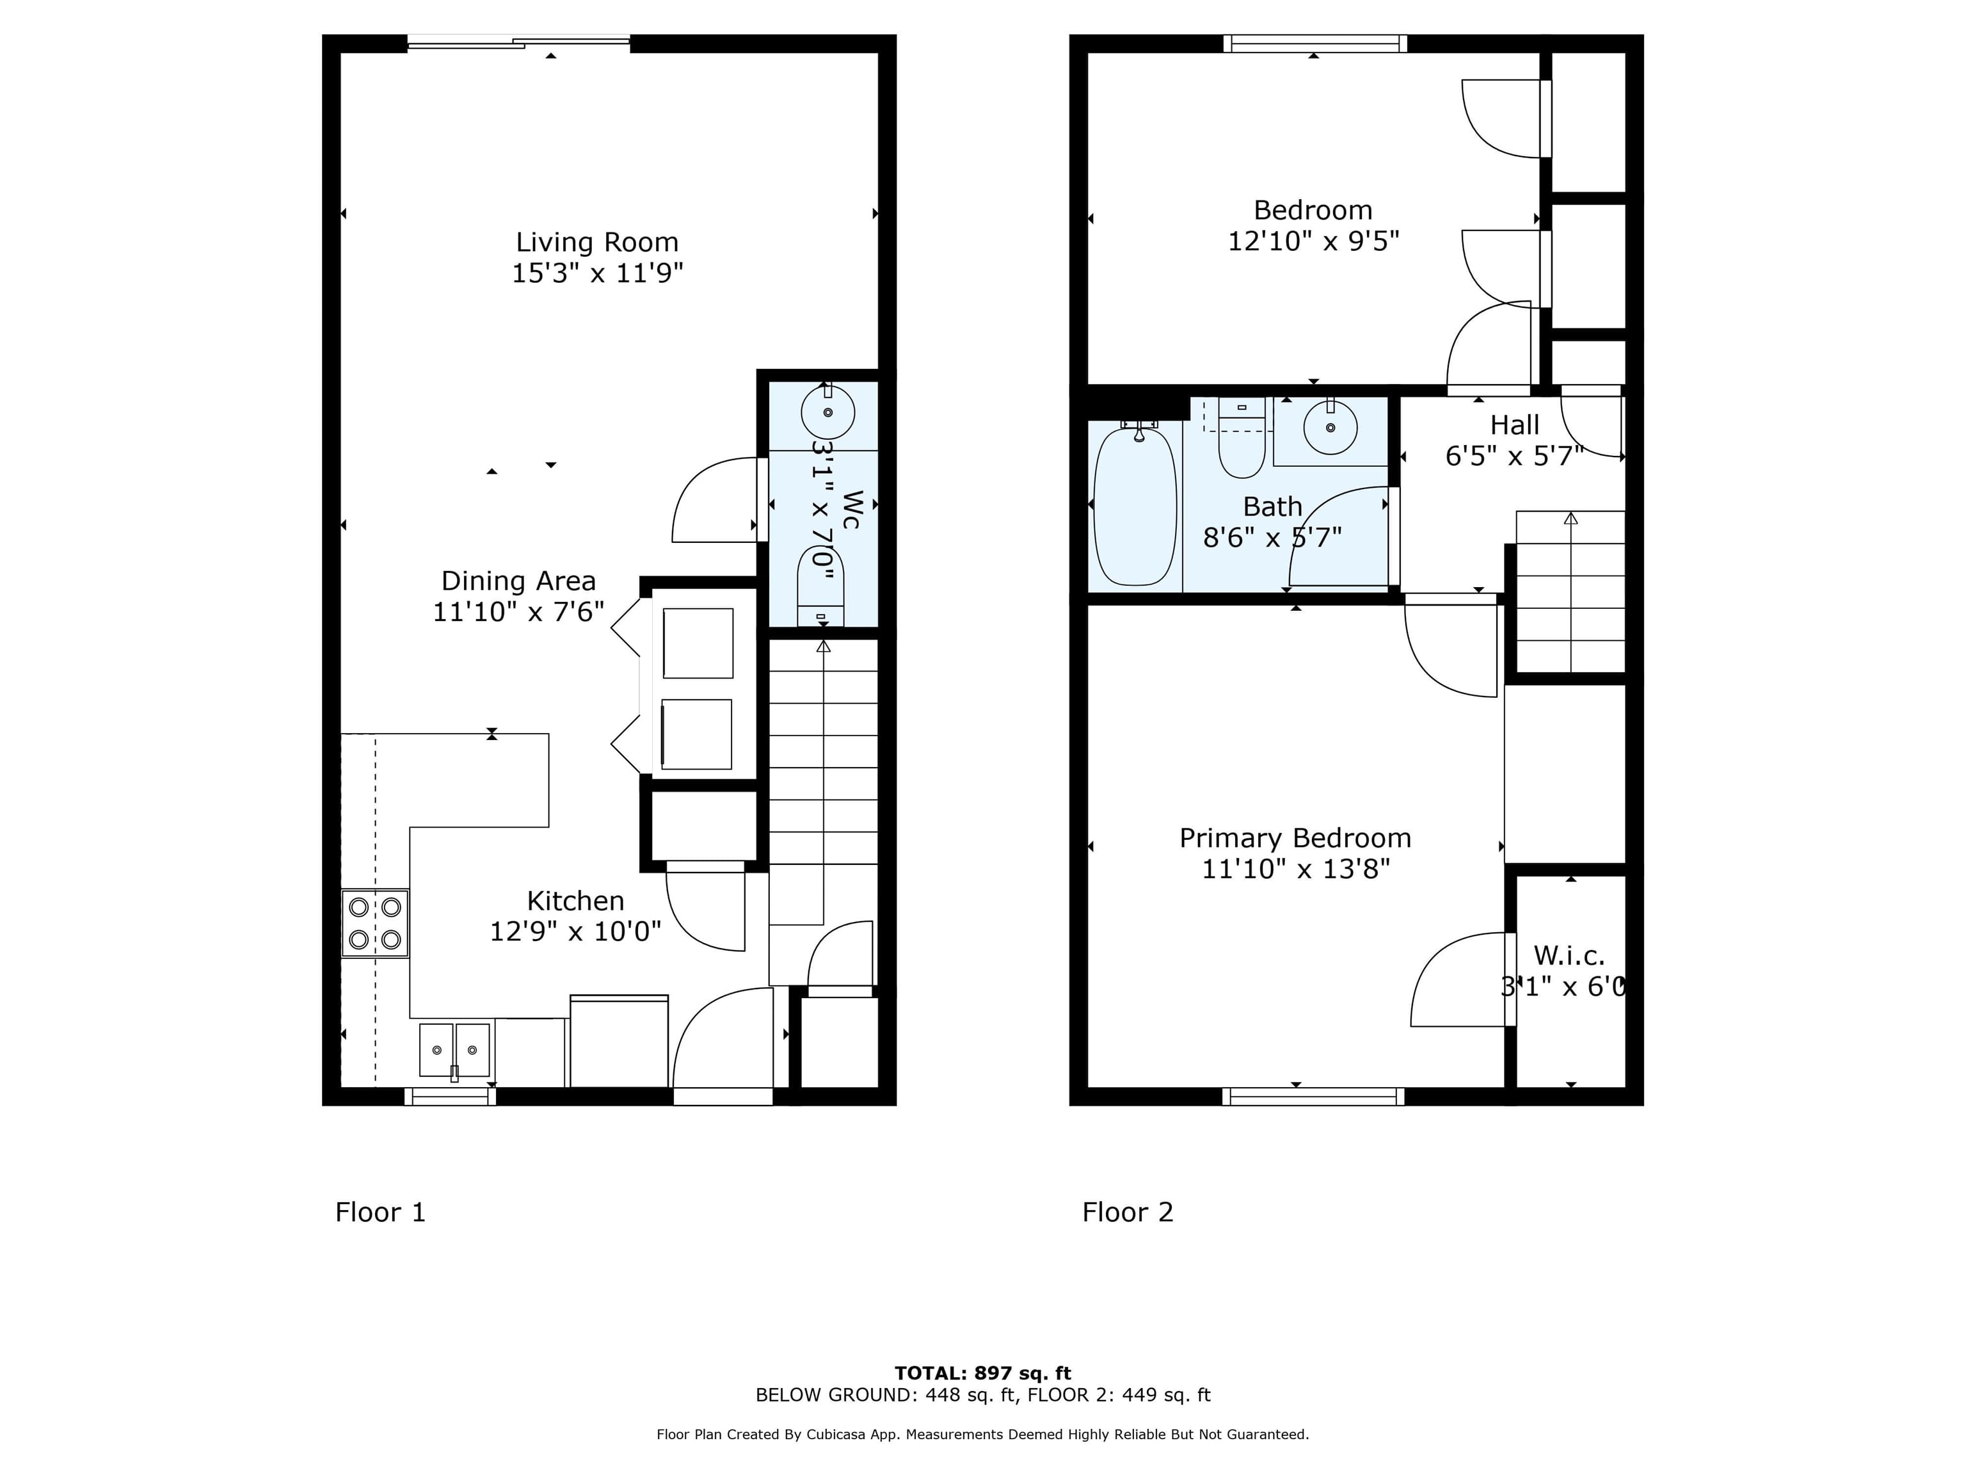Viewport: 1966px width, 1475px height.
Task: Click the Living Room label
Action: pyautogui.click(x=596, y=242)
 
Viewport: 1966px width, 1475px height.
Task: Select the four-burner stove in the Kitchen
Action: pyautogui.click(x=375, y=923)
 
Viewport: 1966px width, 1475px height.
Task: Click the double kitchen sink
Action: pyautogui.click(x=454, y=1050)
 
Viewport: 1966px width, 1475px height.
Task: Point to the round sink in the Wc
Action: pyautogui.click(x=827, y=412)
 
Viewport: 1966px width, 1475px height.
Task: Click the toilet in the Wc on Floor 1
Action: pyautogui.click(x=820, y=587)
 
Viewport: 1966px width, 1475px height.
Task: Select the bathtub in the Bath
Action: pyautogui.click(x=1134, y=505)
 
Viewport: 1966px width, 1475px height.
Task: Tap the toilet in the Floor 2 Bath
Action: pyautogui.click(x=1241, y=440)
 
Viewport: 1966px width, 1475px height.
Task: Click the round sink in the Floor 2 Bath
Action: pyautogui.click(x=1330, y=428)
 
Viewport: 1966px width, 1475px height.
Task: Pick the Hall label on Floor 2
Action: pyautogui.click(x=1514, y=425)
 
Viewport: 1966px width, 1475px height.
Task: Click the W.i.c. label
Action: pyautogui.click(x=1569, y=956)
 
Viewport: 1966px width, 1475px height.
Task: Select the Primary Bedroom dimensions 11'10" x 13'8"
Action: pyautogui.click(x=1295, y=869)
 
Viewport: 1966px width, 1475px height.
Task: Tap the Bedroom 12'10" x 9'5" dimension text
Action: pyautogui.click(x=1313, y=241)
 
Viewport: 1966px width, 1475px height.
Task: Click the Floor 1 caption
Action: pyautogui.click(x=380, y=1212)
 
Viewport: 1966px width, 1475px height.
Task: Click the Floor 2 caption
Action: pyautogui.click(x=1127, y=1212)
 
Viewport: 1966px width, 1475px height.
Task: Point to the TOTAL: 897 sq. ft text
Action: pyautogui.click(x=982, y=1373)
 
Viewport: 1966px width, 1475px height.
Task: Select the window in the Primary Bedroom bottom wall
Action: pyautogui.click(x=1313, y=1096)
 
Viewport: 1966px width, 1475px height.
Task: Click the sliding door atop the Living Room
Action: pyautogui.click(x=518, y=41)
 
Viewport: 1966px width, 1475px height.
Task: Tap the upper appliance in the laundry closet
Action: pyautogui.click(x=698, y=643)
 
